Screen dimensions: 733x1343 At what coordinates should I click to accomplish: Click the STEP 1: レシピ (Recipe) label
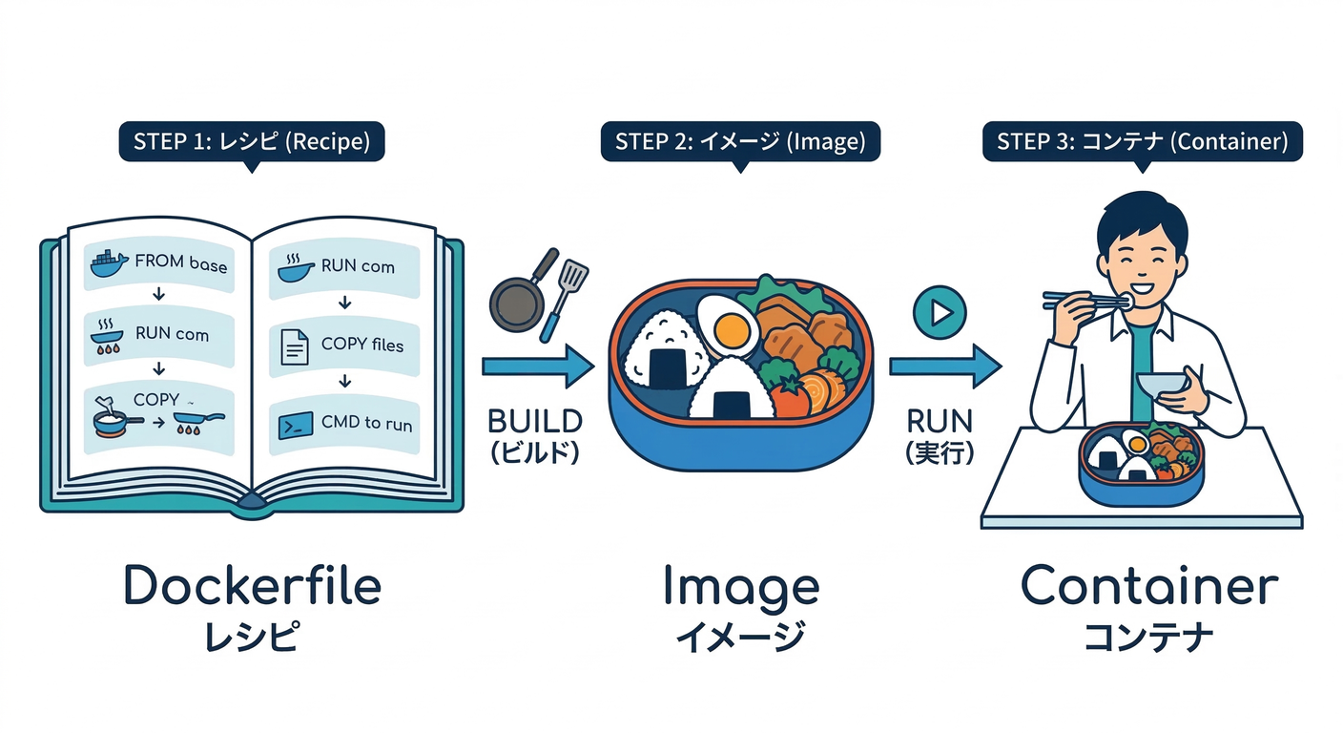click(251, 142)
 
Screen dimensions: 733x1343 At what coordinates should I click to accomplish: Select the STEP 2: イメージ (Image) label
click(739, 142)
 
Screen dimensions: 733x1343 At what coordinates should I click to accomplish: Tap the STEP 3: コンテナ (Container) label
click(1142, 142)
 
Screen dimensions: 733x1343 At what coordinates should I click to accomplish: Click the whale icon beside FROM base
click(108, 263)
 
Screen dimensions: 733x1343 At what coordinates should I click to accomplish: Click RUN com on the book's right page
click(358, 266)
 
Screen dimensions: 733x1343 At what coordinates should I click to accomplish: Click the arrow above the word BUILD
click(538, 366)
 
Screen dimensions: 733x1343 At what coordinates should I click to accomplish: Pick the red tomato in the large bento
click(788, 398)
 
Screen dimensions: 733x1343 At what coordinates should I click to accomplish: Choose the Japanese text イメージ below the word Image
click(739, 637)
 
